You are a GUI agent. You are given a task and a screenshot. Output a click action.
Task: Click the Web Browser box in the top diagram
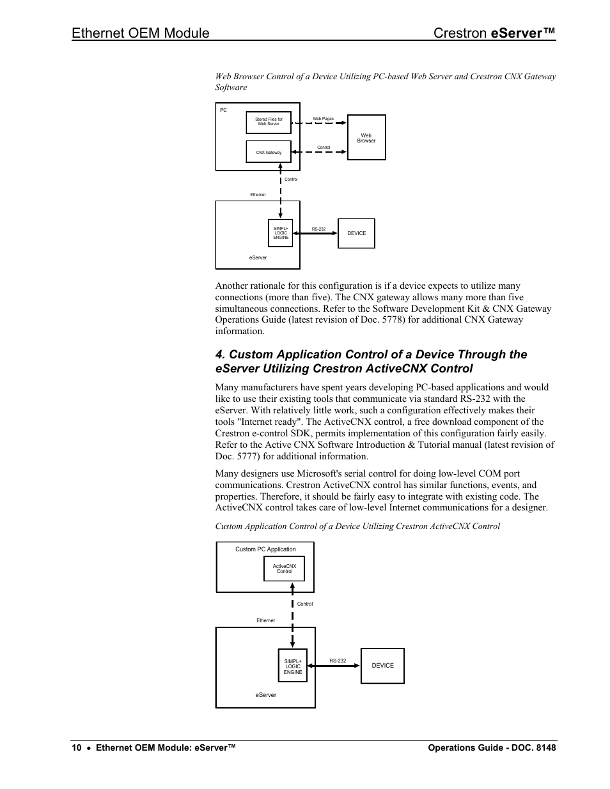pos(366,137)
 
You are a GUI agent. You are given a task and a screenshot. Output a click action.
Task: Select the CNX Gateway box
pos(269,152)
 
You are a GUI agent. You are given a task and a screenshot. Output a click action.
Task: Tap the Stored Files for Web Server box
pos(269,122)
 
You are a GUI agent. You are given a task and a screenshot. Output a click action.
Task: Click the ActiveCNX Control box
pos(284,569)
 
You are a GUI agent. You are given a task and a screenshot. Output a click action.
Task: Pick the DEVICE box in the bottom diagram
pos(382,666)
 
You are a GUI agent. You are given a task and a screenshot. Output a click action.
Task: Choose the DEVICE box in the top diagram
pos(356,233)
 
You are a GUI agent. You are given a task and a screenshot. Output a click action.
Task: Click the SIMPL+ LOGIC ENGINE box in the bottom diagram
pos(293,666)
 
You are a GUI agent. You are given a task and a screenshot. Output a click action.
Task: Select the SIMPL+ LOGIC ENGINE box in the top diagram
pos(281,233)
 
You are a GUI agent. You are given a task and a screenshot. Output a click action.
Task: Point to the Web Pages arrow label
pos(323,119)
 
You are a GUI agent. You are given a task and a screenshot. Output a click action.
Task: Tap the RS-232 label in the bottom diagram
pos(338,661)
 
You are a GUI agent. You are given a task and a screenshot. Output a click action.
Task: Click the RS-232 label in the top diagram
pos(318,229)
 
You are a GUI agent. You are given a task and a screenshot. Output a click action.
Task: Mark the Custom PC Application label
pos(265,549)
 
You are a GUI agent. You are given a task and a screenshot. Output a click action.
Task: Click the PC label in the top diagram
pos(224,111)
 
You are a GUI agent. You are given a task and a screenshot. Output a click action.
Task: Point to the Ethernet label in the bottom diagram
pos(265,620)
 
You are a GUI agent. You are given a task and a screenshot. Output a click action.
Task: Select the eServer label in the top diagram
pos(258,257)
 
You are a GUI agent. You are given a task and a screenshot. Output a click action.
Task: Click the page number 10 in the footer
pos(76,748)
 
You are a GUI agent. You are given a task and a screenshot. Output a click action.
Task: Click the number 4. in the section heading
pos(220,355)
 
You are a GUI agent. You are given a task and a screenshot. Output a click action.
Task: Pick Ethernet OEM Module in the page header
pos(141,33)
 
